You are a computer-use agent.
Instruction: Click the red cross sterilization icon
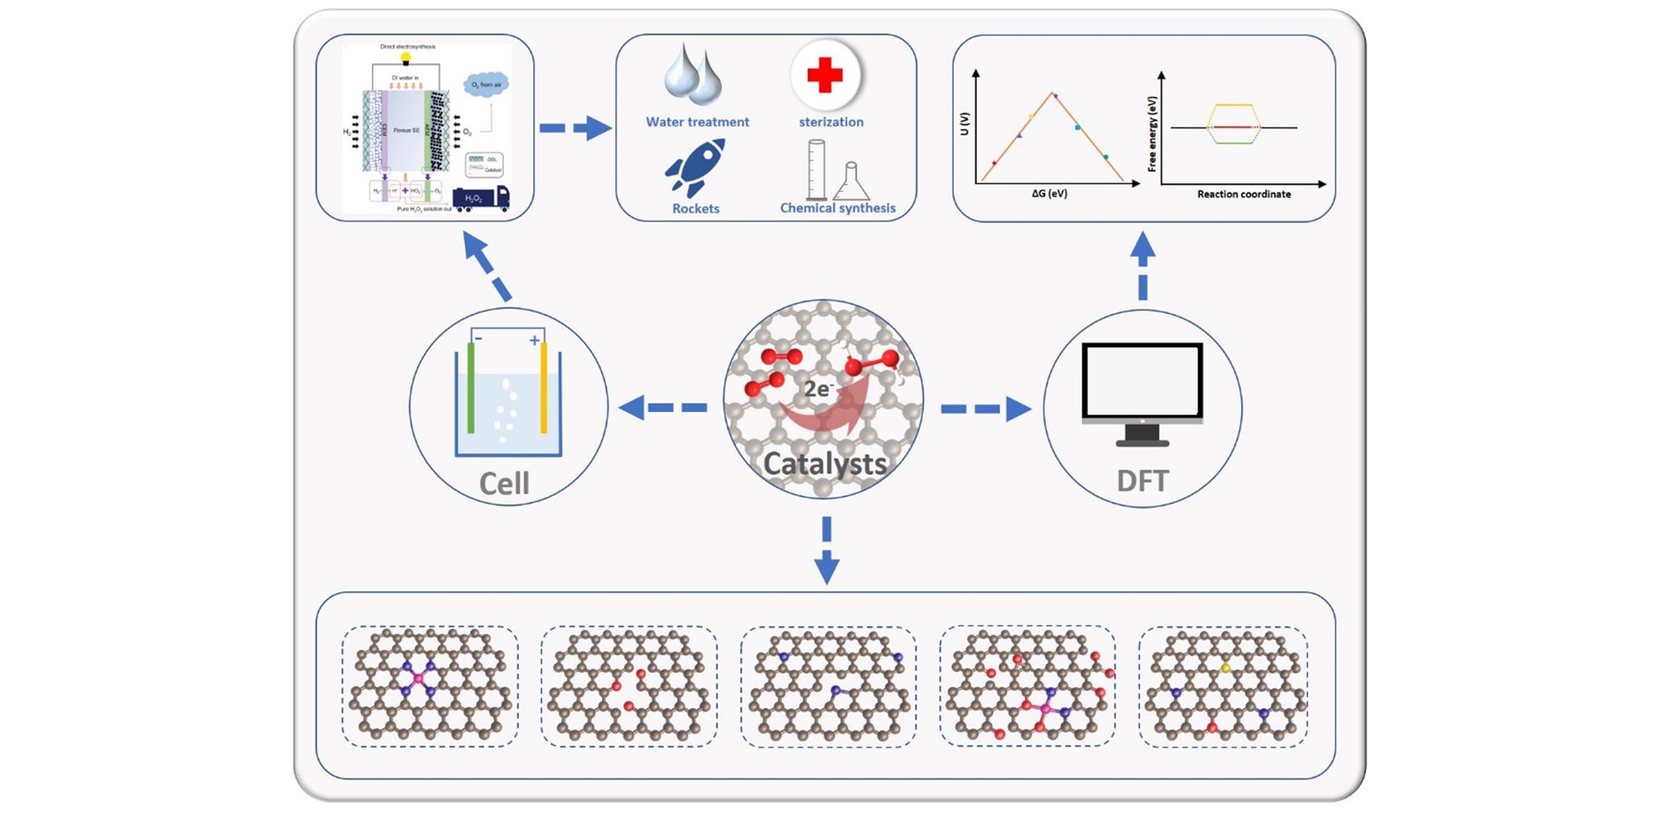825,75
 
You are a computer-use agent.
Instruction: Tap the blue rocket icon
695,167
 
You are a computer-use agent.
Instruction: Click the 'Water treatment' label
697,121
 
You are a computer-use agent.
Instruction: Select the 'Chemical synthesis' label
838,208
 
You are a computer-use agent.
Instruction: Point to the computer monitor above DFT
1142,382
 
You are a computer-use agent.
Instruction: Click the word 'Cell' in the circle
504,483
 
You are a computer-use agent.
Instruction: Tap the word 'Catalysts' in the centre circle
825,464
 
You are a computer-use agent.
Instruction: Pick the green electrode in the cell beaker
471,388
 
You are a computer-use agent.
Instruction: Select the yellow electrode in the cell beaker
544,388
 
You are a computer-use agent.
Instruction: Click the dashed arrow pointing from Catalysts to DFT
985,409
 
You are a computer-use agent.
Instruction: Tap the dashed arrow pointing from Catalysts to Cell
663,408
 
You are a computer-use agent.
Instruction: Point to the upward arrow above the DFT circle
1143,266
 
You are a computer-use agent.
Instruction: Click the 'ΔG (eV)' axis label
1049,193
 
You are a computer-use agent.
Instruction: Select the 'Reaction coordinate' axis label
1243,194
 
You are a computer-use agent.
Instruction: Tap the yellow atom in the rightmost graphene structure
1225,667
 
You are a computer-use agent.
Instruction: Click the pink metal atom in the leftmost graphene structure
418,678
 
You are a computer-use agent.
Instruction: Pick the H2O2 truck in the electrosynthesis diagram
481,198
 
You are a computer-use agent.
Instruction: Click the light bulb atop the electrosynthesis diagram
406,59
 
